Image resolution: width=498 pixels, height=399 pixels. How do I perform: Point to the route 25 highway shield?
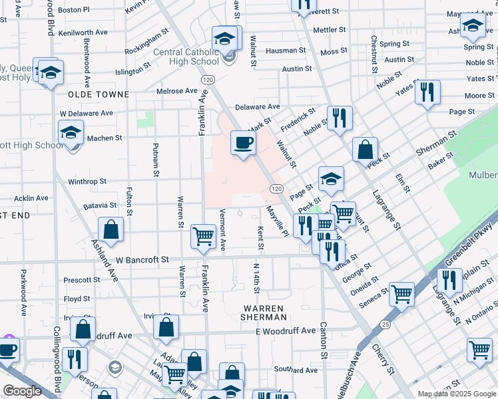click(385, 324)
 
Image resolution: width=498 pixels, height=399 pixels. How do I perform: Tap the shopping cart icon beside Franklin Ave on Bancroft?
click(202, 235)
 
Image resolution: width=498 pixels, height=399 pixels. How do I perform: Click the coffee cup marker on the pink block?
click(243, 142)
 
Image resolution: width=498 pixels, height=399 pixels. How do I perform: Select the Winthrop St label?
click(87, 181)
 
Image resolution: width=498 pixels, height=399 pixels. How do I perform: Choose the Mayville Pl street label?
click(276, 221)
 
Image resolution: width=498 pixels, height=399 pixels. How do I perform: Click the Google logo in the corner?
click(23, 390)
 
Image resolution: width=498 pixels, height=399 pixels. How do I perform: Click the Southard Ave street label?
click(294, 369)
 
